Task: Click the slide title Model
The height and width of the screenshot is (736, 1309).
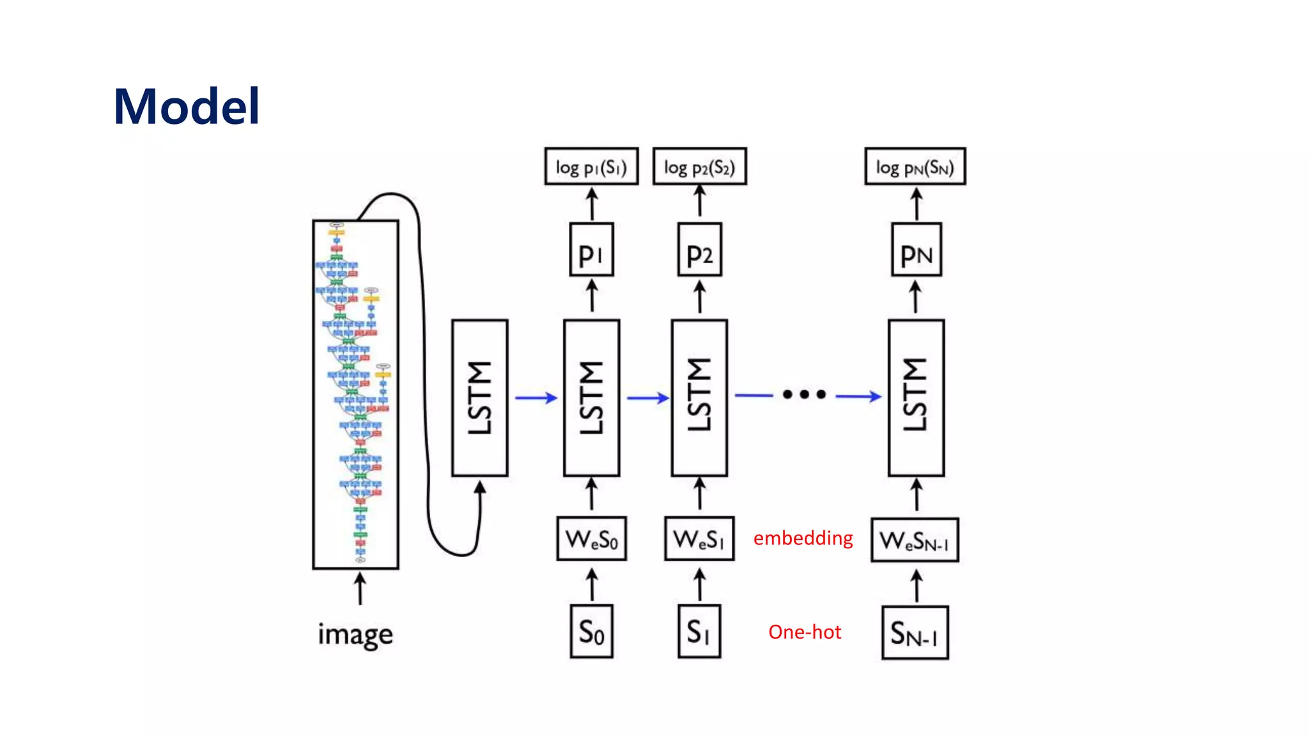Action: [x=187, y=106]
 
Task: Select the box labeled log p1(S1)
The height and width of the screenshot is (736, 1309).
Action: [x=591, y=167]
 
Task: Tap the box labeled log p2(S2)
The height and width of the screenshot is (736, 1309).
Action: [x=699, y=167]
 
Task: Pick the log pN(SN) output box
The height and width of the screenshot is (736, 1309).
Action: [x=915, y=167]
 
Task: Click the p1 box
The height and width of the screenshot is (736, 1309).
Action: [x=591, y=250]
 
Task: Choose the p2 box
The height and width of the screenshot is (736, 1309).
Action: [x=699, y=250]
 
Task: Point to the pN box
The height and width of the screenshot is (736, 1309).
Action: [x=916, y=250]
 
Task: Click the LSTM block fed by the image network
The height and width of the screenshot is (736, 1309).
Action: [x=480, y=398]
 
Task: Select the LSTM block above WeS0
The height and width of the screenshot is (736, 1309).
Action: [x=591, y=398]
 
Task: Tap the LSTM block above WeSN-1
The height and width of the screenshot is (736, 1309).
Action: [x=916, y=398]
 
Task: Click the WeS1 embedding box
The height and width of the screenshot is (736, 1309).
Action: [x=699, y=539]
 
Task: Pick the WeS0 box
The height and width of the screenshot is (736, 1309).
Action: [x=591, y=539]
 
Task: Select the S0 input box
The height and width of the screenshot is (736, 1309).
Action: [x=591, y=632]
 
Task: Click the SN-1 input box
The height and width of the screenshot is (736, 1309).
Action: [x=915, y=633]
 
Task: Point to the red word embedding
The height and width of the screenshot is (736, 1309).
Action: [x=803, y=539]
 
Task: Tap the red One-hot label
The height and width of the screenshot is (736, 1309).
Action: [x=805, y=632]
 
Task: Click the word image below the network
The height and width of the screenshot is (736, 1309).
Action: [x=355, y=634]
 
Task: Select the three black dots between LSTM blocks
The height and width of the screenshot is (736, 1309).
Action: [x=804, y=394]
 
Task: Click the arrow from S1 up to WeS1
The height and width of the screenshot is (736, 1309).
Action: [x=700, y=585]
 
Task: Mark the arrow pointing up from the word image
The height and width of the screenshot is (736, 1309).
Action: [x=360, y=588]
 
